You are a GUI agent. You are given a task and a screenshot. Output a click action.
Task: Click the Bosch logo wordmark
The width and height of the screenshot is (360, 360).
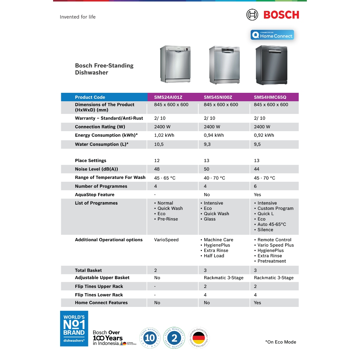281,15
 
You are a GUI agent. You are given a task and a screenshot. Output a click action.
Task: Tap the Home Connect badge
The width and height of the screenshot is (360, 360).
272,35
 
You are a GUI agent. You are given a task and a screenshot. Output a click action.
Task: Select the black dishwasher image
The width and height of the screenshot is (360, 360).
271,65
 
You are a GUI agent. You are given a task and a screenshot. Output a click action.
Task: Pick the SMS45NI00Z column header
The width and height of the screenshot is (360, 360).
219,97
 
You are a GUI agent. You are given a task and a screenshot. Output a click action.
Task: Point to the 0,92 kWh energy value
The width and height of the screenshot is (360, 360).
264,135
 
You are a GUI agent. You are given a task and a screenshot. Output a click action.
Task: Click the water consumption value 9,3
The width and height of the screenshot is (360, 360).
208,144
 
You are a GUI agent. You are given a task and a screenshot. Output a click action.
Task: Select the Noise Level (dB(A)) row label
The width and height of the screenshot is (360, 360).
96,169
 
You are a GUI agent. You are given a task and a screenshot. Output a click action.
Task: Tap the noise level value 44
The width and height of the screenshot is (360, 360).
257,169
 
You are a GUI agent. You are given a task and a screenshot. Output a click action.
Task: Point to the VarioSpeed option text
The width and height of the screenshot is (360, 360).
166,240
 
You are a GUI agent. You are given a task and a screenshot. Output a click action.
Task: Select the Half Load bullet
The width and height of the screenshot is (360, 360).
214,256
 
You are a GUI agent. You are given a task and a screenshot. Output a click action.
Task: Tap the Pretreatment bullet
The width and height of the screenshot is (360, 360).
271,261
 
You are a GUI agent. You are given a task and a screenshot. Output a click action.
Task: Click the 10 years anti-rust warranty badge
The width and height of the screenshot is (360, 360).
150,338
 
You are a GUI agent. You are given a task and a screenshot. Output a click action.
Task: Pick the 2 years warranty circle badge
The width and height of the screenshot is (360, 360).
174,338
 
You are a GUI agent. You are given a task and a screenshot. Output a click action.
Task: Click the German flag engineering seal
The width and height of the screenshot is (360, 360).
199,338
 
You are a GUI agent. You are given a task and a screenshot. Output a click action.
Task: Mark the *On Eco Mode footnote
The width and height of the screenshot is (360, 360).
281,342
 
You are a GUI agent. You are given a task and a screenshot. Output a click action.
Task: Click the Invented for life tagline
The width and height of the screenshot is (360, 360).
78,17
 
